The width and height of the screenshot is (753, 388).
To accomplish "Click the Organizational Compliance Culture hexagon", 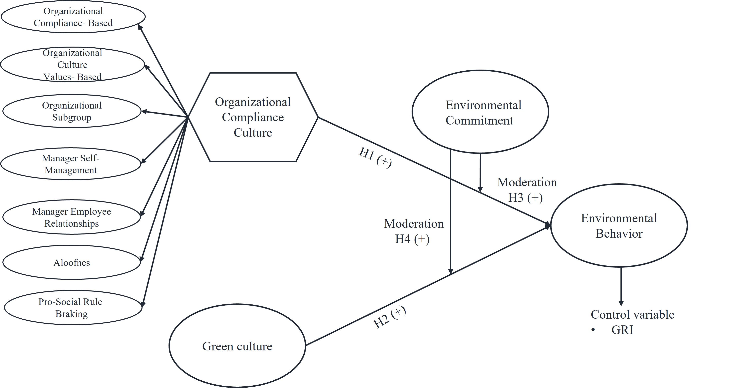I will click(253, 117).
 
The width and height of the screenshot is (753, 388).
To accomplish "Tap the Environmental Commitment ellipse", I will click(480, 112).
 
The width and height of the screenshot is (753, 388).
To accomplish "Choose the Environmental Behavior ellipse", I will click(619, 226).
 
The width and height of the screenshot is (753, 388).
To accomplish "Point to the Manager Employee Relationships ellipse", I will click(72, 217).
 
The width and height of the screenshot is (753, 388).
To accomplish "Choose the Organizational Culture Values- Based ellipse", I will click(73, 65).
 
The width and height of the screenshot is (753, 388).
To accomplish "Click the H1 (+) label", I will click(375, 157).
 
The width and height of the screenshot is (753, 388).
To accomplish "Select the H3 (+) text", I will click(525, 198).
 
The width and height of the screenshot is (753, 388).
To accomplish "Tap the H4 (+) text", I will click(412, 239).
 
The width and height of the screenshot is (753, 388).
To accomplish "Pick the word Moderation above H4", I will click(414, 224).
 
